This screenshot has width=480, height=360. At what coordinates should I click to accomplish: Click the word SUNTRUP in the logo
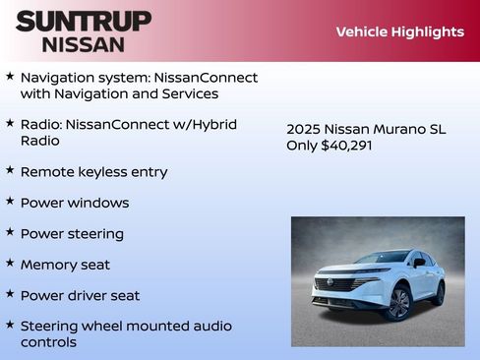point(83,20)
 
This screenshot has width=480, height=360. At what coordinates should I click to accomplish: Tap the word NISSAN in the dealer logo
point(83,44)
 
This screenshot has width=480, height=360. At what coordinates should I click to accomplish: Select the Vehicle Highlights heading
point(399,31)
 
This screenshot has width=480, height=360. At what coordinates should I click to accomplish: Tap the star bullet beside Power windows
point(9,201)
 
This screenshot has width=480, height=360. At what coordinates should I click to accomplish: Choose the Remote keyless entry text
point(93,172)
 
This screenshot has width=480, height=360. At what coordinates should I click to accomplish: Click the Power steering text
point(72,234)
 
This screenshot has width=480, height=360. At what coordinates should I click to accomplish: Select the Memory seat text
point(65,265)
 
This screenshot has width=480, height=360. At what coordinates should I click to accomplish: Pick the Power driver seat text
point(80,295)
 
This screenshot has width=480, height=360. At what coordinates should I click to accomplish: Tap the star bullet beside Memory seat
point(9,263)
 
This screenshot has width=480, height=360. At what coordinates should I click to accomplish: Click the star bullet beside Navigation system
point(9,76)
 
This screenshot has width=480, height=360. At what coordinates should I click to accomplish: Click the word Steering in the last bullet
point(50,325)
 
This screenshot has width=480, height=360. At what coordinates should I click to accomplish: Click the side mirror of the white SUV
point(418,263)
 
